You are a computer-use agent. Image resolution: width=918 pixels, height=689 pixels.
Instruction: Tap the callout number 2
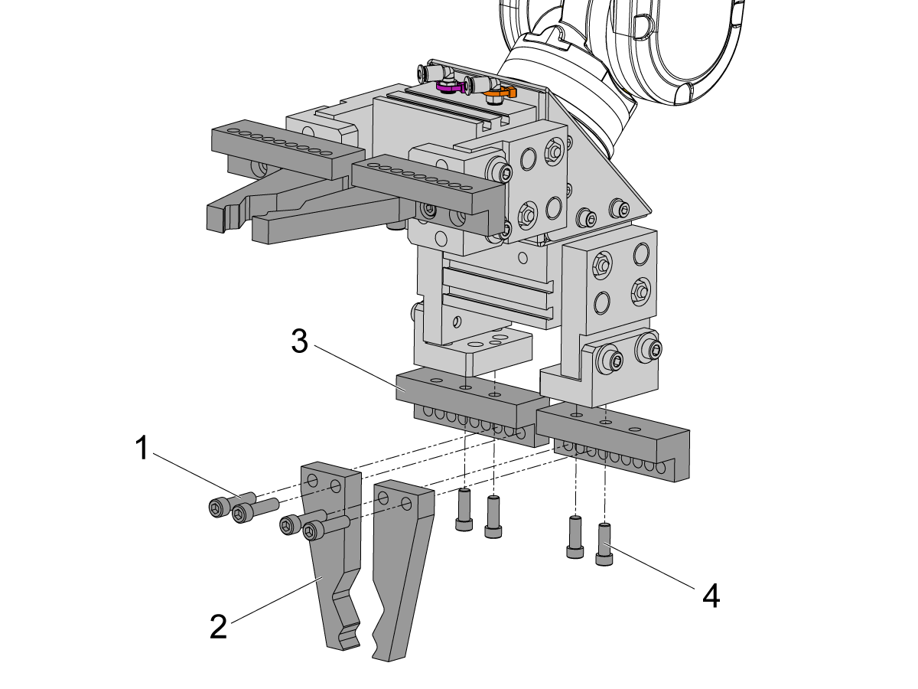coord(219,627)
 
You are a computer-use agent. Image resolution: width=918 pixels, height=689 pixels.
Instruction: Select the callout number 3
coord(300,341)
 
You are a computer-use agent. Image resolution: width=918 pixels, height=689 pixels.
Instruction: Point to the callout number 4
coord(711,596)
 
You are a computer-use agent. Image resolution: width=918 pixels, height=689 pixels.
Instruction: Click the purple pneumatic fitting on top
coord(451,87)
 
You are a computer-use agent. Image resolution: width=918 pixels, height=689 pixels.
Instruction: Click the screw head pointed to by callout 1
coord(217,507)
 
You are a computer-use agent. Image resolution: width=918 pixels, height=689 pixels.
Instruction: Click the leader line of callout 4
coord(650,566)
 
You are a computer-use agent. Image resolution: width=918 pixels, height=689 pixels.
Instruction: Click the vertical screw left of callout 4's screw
coord(574,537)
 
